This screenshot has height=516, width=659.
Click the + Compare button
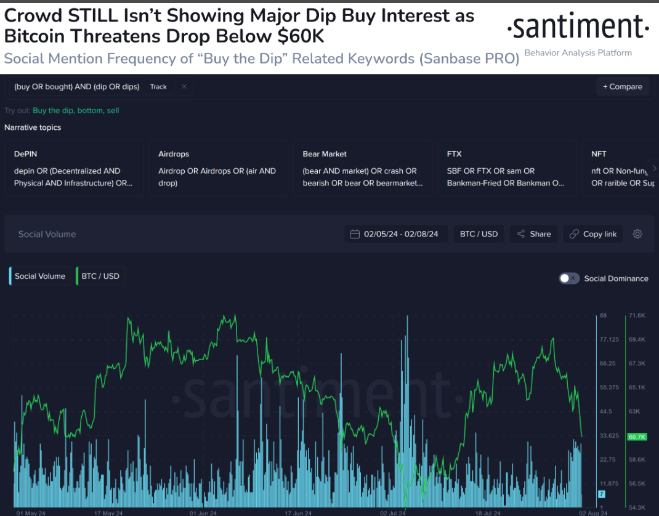622,87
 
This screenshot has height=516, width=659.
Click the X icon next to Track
184,87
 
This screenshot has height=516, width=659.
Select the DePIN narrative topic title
26,154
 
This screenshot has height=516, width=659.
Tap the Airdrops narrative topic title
174,154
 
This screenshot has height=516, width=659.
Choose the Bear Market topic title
325,154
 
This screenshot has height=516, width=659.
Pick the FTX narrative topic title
455,154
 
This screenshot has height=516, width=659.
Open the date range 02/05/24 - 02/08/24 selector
395,234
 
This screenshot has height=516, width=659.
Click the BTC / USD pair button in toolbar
479,234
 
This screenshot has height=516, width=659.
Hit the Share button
534,234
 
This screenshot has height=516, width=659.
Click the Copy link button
593,234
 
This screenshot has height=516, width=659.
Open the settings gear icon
637,234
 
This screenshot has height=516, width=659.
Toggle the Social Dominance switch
569,278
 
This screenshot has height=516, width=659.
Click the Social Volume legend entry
39,276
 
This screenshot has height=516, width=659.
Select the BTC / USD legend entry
100,276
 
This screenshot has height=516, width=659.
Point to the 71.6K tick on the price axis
636,315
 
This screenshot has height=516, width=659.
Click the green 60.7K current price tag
636,437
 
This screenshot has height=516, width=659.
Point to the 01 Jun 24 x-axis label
203,512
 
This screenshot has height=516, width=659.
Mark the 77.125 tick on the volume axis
610,339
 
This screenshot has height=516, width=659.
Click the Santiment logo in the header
578,28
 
